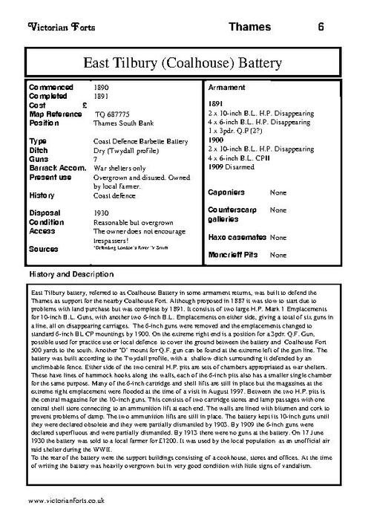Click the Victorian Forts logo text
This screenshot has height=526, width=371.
(x=59, y=27)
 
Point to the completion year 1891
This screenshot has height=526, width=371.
(x=101, y=97)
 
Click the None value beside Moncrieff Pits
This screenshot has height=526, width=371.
(x=278, y=255)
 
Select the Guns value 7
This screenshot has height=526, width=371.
(x=95, y=158)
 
